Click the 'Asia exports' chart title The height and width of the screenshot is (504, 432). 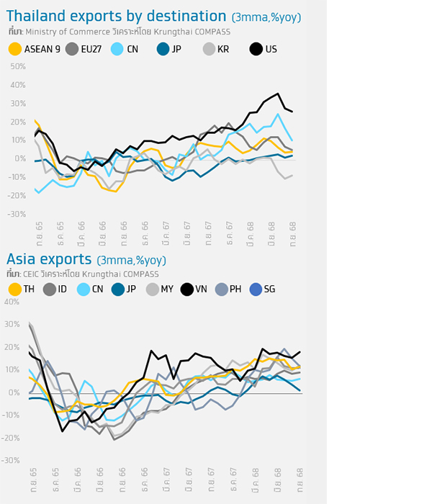click(x=50, y=258)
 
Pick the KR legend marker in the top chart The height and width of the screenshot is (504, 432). click(x=208, y=49)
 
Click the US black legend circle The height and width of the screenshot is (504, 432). click(x=256, y=49)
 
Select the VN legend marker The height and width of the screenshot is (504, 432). click(x=187, y=289)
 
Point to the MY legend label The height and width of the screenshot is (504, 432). click(x=165, y=289)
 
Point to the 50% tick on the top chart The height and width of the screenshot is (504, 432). click(x=17, y=66)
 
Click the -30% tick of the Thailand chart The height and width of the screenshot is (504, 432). click(x=17, y=214)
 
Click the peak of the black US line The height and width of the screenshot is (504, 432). click(x=279, y=94)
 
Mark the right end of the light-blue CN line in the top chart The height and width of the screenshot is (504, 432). click(x=292, y=140)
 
